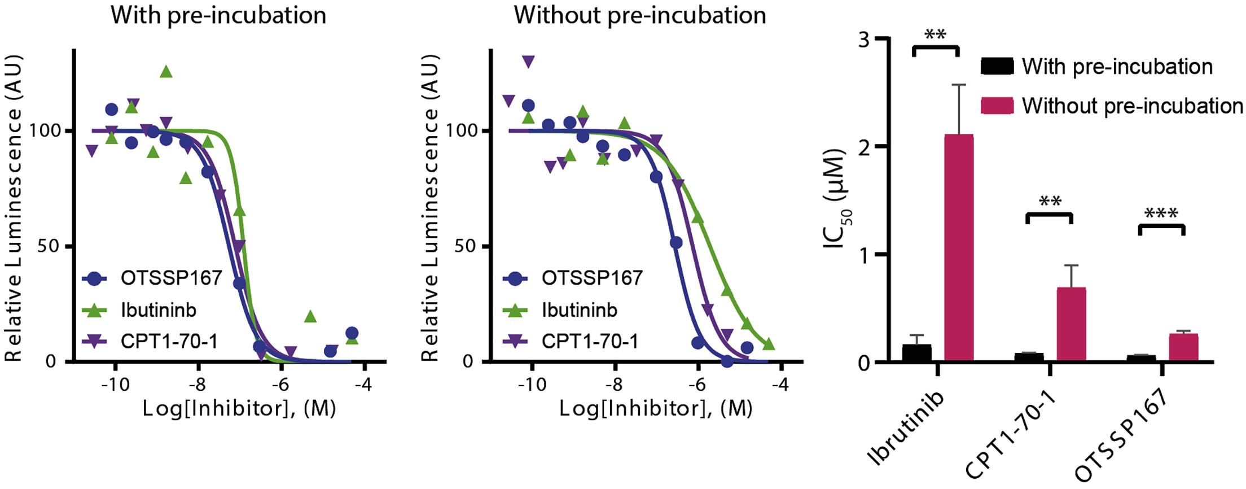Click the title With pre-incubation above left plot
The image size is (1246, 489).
[x=218, y=15]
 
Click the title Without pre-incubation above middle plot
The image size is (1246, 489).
[x=639, y=15]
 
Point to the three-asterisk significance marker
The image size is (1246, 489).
[x=1161, y=214]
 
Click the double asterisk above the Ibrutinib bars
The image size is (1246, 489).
[x=935, y=36]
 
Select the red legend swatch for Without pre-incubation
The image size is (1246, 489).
[x=997, y=106]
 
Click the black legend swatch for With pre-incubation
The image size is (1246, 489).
[x=997, y=66]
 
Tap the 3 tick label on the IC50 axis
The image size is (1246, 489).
[x=863, y=40]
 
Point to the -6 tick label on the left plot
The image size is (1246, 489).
[x=280, y=385]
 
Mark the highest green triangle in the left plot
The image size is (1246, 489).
[x=165, y=72]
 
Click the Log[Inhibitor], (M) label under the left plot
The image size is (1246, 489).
[x=239, y=408]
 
